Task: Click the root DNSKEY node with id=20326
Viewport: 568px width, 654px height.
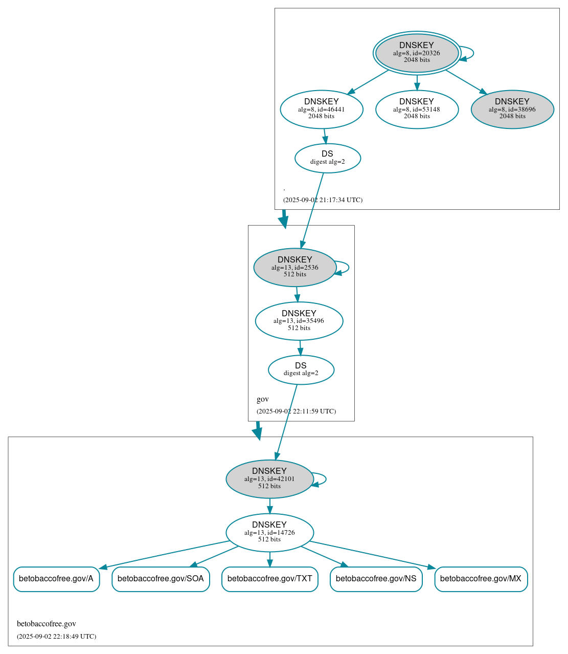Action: [x=417, y=53]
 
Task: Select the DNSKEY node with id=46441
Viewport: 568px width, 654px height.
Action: [x=322, y=109]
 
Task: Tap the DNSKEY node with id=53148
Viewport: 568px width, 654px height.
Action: [x=417, y=109]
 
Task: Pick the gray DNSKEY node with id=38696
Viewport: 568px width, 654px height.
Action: [x=512, y=109]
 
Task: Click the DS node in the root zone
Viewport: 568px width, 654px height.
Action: [x=328, y=158]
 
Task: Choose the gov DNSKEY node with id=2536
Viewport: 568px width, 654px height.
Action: [x=295, y=267]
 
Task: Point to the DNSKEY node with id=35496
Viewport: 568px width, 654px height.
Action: [x=299, y=321]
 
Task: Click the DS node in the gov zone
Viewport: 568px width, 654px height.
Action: [x=301, y=369]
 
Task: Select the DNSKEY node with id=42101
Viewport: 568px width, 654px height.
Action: [x=269, y=479]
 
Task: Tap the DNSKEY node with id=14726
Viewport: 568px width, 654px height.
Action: [x=269, y=533]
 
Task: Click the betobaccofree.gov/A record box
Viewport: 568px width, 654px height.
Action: [x=56, y=579]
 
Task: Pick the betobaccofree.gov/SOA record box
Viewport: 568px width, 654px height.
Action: [x=161, y=579]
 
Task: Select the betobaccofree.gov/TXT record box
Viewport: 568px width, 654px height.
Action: [x=269, y=579]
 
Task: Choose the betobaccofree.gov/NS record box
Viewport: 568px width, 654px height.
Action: [x=376, y=579]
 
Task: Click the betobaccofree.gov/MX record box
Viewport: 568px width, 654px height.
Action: [x=481, y=579]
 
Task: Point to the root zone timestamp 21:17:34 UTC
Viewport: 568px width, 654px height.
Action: [x=323, y=200]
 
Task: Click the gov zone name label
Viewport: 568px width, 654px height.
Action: [x=262, y=399]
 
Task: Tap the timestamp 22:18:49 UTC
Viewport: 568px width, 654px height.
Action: [x=56, y=637]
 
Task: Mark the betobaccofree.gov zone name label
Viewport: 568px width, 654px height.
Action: [x=47, y=624]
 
